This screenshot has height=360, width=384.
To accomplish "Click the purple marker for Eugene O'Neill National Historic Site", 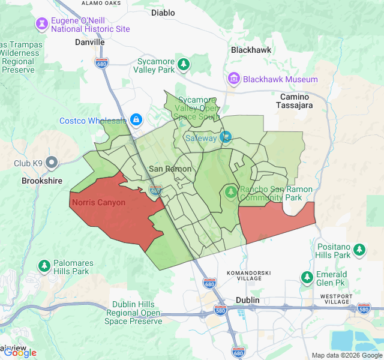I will click(42, 24).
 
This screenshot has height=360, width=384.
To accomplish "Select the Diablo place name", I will click(163, 12).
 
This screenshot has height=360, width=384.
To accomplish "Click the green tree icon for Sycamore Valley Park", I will click(184, 64).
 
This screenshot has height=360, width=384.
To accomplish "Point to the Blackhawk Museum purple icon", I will click(233, 79).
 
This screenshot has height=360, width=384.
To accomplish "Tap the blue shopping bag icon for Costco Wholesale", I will click(136, 120).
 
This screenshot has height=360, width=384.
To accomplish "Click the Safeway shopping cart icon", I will click(226, 137).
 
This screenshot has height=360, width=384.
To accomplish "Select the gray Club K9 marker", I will click(52, 163).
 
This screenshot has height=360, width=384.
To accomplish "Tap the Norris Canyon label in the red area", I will click(98, 202).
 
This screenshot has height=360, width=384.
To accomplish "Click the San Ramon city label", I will click(170, 169).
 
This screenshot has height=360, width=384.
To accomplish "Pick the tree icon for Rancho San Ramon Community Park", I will click(231, 192).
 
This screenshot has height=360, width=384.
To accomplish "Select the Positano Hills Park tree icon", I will click(359, 249).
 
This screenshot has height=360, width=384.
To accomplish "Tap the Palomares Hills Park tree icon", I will click(44, 265).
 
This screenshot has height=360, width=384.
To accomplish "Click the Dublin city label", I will click(247, 299).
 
